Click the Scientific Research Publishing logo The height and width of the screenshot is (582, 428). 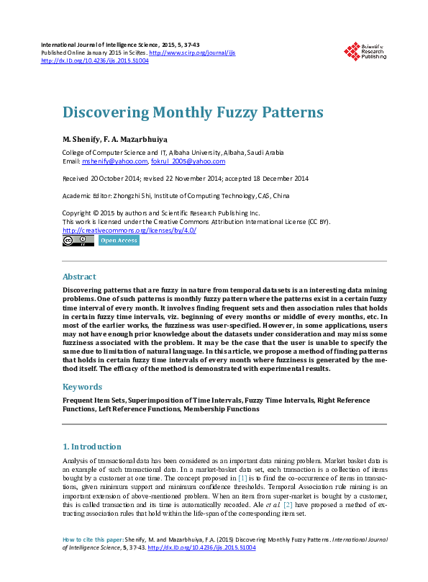pyautogui.click(x=365, y=51)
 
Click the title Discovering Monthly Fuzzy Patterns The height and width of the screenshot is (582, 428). pyautogui.click(x=193, y=113)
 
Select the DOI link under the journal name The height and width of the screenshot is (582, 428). pyautogui.click(x=95, y=61)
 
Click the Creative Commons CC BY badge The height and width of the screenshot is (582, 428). pyautogui.click(x=78, y=241)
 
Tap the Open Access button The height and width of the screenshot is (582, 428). pyautogui.click(x=119, y=241)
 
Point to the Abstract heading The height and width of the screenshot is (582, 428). pyautogui.click(x=79, y=277)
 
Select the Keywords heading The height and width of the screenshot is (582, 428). pyautogui.click(x=82, y=386)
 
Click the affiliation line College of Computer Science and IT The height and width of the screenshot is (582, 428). pyautogui.click(x=173, y=153)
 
